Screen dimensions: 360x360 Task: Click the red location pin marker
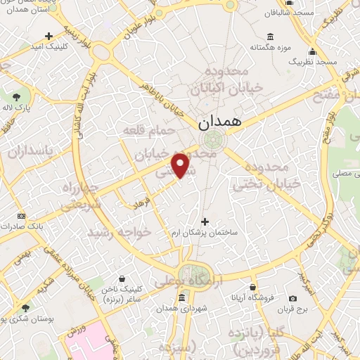coord(181,165)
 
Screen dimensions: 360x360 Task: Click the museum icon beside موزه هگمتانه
coord(270,37)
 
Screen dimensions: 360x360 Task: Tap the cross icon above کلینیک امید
coord(49,35)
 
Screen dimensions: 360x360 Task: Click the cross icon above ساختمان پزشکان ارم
coord(205,221)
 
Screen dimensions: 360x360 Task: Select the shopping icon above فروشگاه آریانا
coord(252,286)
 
